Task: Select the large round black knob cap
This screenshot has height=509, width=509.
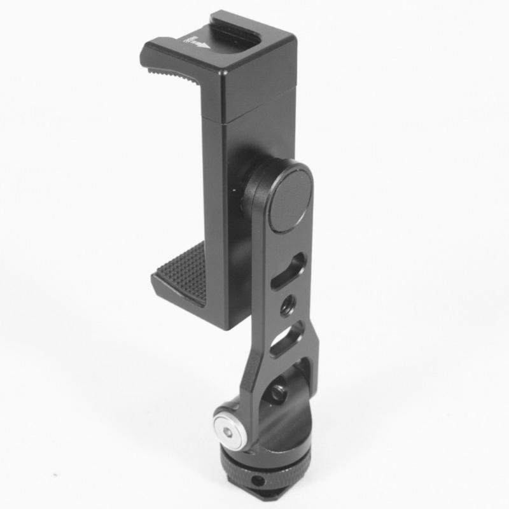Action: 289,197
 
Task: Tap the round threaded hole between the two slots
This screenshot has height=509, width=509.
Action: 285,304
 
